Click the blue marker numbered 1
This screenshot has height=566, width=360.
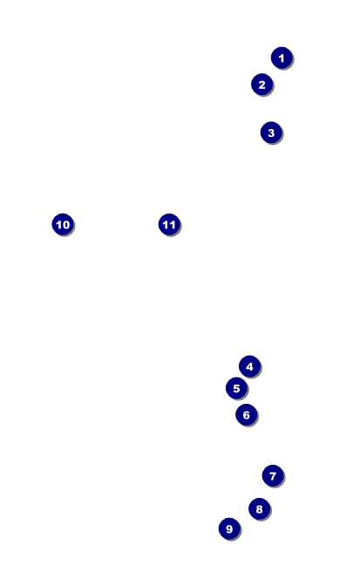pos(282,58)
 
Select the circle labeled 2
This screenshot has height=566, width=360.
pos(262,85)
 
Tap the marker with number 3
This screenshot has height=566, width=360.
pos(271,133)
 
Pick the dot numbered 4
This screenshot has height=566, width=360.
pos(249,367)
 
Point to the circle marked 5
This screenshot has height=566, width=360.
pos(236,388)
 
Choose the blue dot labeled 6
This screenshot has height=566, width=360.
pos(247,415)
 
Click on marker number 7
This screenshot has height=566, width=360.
pos(273,476)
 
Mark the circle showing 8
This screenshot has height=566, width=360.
pos(260,509)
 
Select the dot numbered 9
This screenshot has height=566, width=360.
pos(229,528)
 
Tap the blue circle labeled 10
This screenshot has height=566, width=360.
pos(63,224)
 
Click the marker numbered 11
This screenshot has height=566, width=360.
pos(169,224)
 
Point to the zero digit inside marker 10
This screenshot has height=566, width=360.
pos(65,225)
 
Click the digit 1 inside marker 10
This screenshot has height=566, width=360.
pos(59,225)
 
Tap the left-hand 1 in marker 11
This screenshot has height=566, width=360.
pos(166,225)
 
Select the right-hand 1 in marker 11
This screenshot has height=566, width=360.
pos(172,225)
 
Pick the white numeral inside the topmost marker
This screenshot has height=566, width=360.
pos(282,58)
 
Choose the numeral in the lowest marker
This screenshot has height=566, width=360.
pos(229,529)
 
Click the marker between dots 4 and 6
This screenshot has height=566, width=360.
pos(236,388)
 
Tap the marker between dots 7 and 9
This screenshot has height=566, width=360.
pos(260,509)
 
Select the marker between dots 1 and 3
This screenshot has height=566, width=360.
pos(262,85)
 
